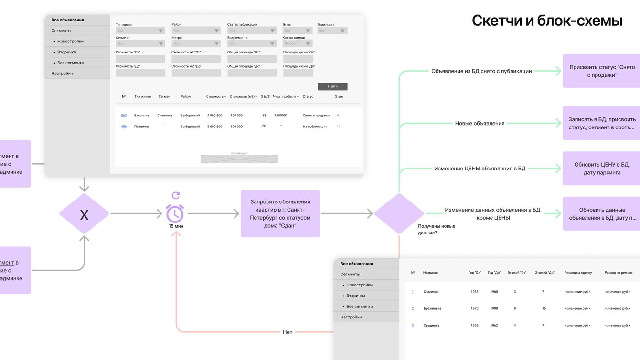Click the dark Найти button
pos(332,86)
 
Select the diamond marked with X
pos(84,214)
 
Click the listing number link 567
pos(124,116)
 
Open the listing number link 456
pos(124,127)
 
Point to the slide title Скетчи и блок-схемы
pos(547,21)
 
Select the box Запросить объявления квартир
pos(280,213)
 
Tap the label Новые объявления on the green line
pos(480,123)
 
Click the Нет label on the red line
pos(287,332)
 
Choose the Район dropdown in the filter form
pos(196,31)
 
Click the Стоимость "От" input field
pos(140,59)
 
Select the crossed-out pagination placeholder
pos(239,159)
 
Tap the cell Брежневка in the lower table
pos(432,308)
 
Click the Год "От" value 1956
pos(474,325)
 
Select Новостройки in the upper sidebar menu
pos(70,42)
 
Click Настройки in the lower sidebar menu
pos(351,317)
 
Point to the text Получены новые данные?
pos(437,229)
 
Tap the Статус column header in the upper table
pos(308,96)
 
